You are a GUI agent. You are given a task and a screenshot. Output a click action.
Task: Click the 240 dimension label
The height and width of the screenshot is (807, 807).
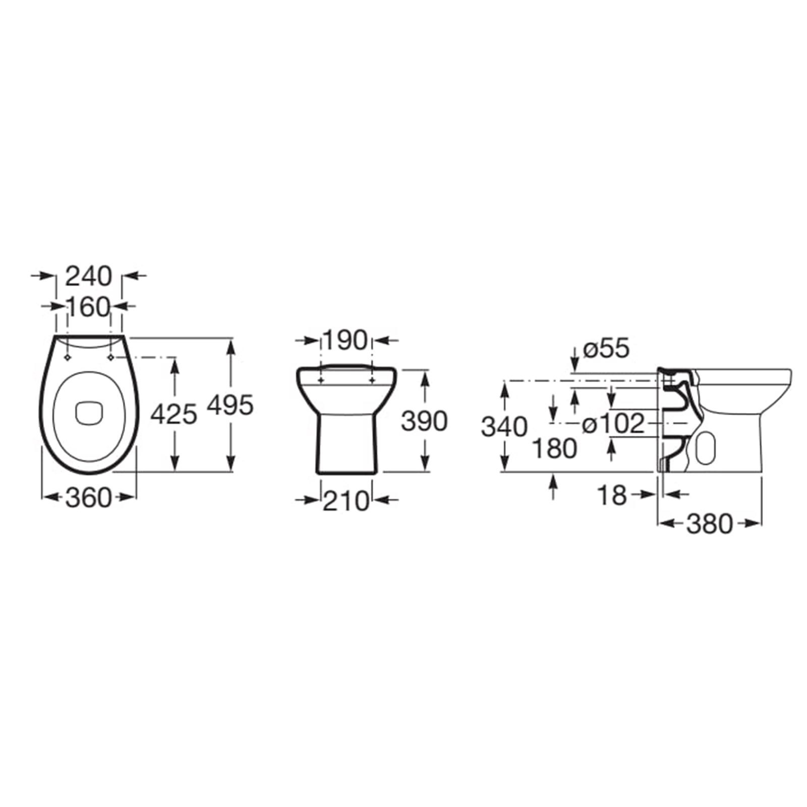[88, 276]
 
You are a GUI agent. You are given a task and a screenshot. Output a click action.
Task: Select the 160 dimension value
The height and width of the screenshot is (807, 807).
[88, 307]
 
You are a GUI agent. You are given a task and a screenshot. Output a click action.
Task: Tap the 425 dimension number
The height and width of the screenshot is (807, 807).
[174, 415]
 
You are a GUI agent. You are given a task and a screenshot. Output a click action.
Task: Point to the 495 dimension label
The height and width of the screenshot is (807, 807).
[230, 405]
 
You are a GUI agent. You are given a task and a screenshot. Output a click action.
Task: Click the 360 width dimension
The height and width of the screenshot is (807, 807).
[88, 498]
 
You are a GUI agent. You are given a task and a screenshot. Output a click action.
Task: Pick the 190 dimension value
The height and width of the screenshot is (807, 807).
[345, 340]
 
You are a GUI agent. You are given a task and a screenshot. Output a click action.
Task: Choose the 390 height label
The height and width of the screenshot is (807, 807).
[424, 421]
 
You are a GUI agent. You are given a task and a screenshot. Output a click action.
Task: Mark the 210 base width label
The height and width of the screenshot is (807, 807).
[346, 501]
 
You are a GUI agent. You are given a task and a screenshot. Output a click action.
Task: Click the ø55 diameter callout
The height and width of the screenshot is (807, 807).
[606, 349]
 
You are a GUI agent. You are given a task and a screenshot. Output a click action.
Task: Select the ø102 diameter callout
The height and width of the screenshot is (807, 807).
[613, 424]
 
